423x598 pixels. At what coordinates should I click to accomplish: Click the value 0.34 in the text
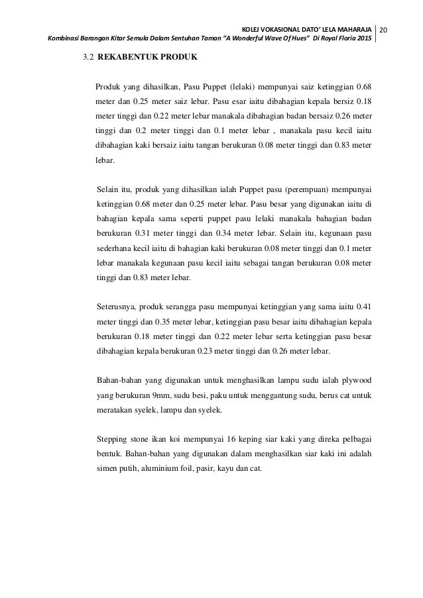pos(248,233)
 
